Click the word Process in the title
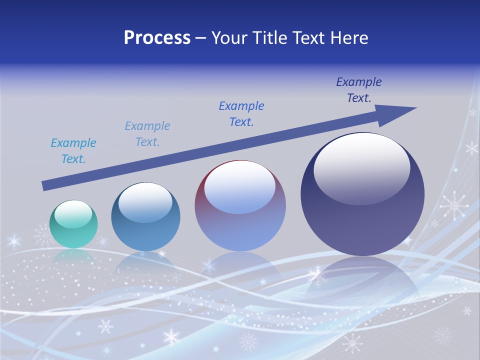point(157,38)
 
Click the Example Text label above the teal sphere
point(73,151)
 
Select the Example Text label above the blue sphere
point(147,134)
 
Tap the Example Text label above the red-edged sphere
point(241,114)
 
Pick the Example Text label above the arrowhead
point(359,90)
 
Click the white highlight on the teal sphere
point(73,213)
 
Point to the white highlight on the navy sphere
point(361,168)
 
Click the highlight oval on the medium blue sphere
point(145,202)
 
